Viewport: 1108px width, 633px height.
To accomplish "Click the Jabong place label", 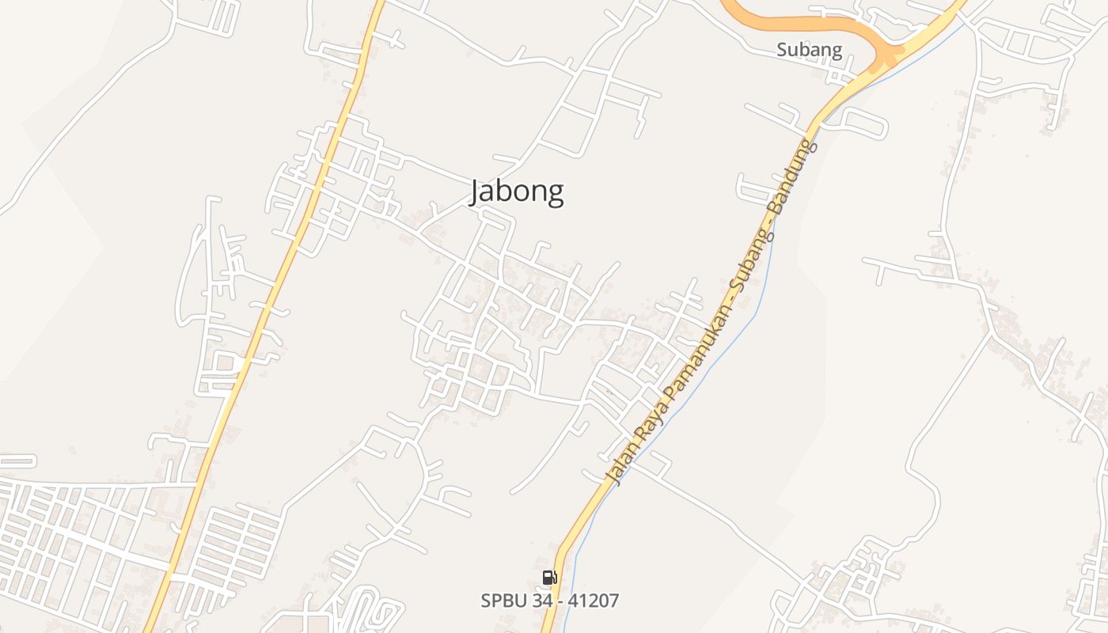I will pyautogui.click(x=517, y=191).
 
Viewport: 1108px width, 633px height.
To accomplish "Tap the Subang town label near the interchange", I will pyautogui.click(x=809, y=50).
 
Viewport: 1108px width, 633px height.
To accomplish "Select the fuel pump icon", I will pyautogui.click(x=549, y=578).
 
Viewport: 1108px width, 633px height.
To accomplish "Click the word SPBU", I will pyautogui.click(x=501, y=601).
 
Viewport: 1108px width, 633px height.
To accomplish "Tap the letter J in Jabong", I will pyautogui.click(x=476, y=192).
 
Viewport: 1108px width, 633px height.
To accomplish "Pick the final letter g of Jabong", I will pyautogui.click(x=556, y=195).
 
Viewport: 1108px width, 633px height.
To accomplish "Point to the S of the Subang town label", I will pyautogui.click(x=782, y=50).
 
